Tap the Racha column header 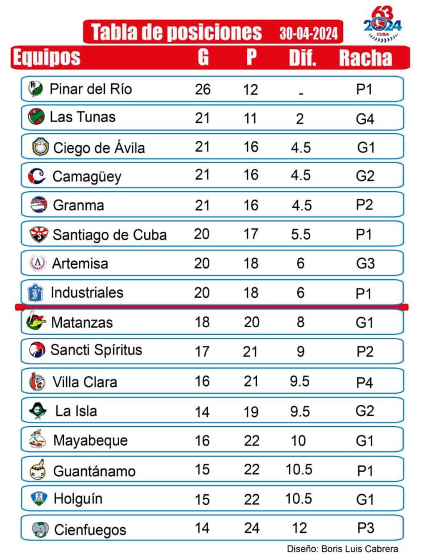[x=365, y=58]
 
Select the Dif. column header [x=302, y=58]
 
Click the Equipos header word [x=46, y=57]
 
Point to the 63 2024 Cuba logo [x=382, y=25]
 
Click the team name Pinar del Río [x=90, y=89]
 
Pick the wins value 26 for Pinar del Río [x=203, y=89]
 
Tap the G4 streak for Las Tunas [x=365, y=119]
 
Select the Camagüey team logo [x=37, y=176]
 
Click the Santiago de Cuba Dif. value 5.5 [x=301, y=234]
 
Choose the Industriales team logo [x=35, y=293]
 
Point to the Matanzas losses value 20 [x=251, y=322]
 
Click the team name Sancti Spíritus [x=96, y=350]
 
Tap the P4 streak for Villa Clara [x=364, y=382]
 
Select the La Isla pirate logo [x=38, y=410]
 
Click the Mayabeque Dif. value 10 [x=299, y=441]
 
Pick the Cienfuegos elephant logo [x=40, y=529]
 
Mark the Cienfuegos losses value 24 [x=252, y=528]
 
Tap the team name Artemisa [x=80, y=263]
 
